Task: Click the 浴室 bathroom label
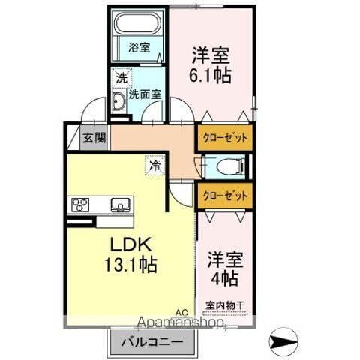click(139, 46)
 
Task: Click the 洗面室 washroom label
click(144, 94)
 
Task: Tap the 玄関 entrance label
click(94, 138)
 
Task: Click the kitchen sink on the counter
click(119, 204)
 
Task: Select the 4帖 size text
click(225, 277)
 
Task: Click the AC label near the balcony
click(181, 313)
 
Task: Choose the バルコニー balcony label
click(156, 341)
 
